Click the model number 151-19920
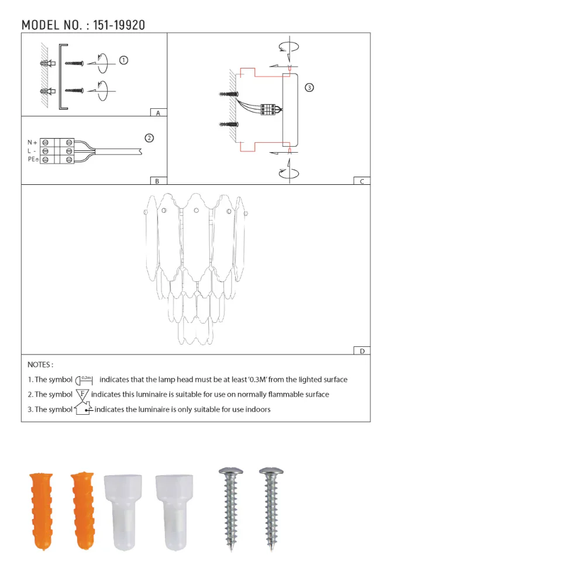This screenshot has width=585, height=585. point(119,25)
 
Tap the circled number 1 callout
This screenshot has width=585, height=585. point(123,60)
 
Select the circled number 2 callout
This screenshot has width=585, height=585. point(149,138)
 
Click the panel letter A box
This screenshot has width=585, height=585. point(158,112)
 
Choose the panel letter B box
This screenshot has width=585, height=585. point(158,181)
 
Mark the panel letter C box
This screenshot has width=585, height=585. point(362,181)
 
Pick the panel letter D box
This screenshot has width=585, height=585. point(362,351)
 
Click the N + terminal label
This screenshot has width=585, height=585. point(32,143)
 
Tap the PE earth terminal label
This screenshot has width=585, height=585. point(33,159)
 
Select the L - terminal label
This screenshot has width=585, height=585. point(32,151)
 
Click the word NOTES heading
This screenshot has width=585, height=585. point(40,364)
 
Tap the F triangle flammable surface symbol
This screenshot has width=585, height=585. point(82,394)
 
